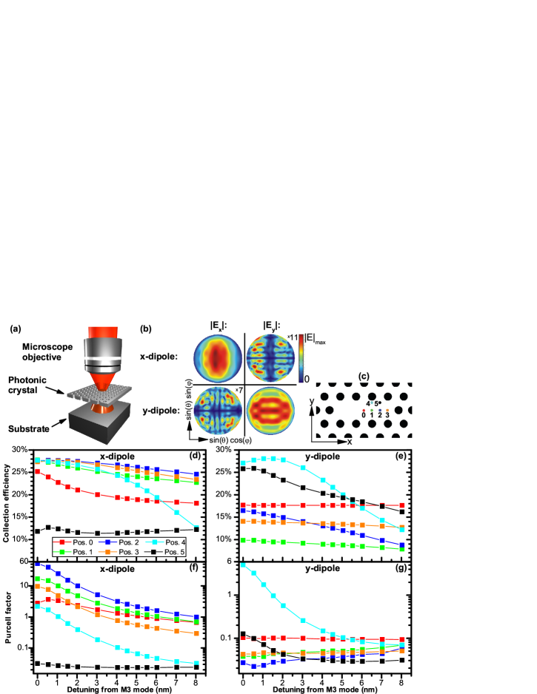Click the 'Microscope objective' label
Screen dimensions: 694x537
[49, 351]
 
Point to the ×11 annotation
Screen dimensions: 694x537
[293, 337]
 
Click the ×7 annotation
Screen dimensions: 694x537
[239, 390]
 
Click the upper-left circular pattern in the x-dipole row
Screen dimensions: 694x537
[218, 358]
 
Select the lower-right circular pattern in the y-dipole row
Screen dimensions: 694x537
[270, 410]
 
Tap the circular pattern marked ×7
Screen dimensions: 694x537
[218, 410]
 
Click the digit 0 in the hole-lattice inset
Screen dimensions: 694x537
[363, 415]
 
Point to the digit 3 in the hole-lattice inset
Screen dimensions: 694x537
[387, 415]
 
